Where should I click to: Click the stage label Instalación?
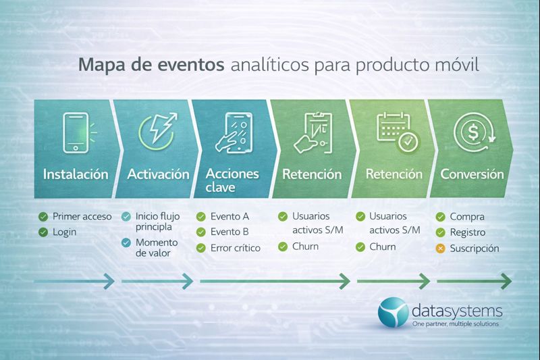point(76,174)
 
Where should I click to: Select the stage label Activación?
point(158,174)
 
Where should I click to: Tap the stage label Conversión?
point(472,174)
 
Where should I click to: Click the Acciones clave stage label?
point(232,180)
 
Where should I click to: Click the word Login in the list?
point(65,232)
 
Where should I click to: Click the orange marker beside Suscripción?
point(441,249)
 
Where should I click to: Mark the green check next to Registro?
point(441,233)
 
